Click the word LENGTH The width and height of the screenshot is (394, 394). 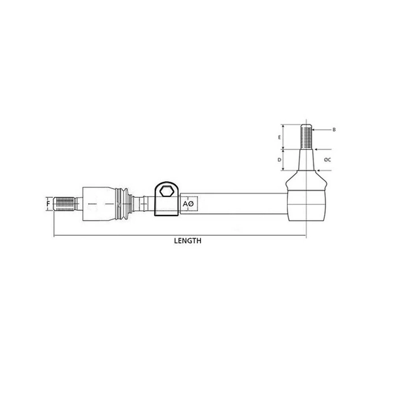tap(188, 240)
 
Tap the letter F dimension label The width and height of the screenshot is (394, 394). tap(48, 202)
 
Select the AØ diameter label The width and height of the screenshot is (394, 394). tap(188, 203)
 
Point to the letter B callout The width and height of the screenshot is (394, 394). tap(334, 129)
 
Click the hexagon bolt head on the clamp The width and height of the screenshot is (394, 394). tap(166, 191)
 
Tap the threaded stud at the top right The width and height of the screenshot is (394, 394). tap(306, 136)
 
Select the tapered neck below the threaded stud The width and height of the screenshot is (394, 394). tap(306, 160)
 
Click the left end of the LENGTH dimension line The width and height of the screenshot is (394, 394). tap(55, 235)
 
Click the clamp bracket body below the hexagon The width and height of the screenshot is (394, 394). tap(166, 207)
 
